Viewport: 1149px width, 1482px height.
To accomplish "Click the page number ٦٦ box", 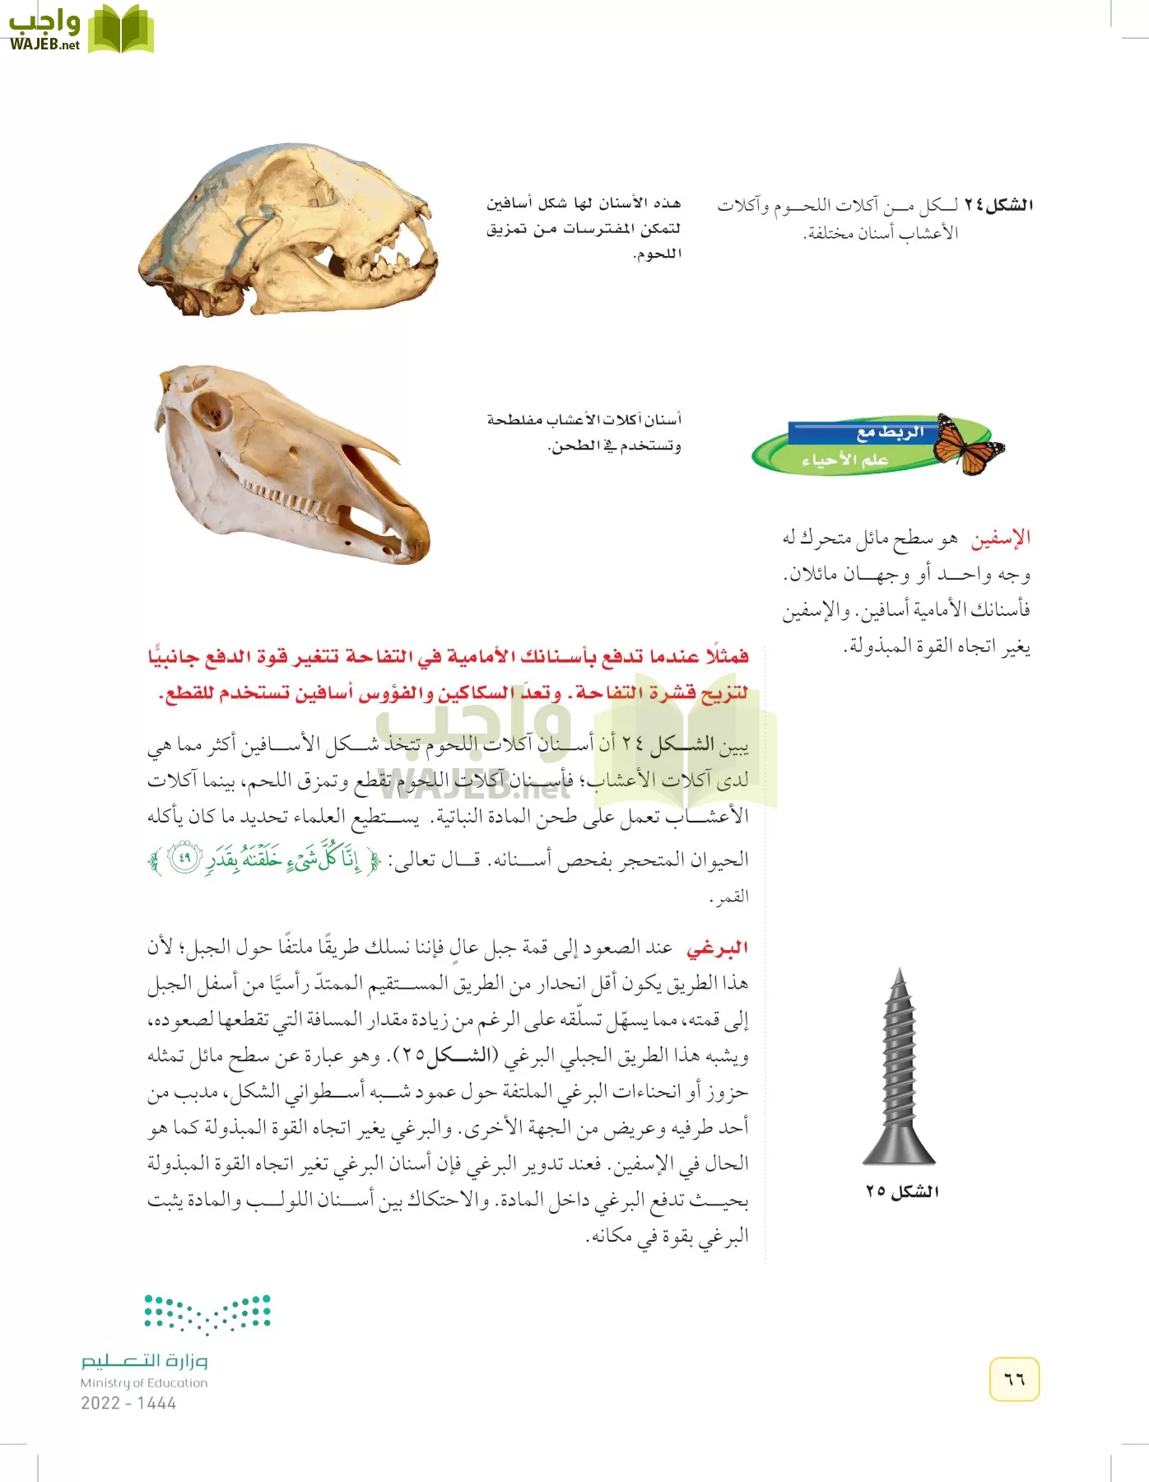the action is pyautogui.click(x=1014, y=1379).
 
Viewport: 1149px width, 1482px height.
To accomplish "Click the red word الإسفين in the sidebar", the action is pyautogui.click(x=1000, y=538).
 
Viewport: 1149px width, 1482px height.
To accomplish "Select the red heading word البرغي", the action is pyautogui.click(x=717, y=948).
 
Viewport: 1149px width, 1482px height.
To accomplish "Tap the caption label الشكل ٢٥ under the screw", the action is pyautogui.click(x=902, y=1191).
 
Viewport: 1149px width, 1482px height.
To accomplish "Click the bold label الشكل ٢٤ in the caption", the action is pyautogui.click(x=998, y=204).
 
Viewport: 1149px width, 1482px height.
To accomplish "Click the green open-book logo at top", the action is pyautogui.click(x=121, y=30).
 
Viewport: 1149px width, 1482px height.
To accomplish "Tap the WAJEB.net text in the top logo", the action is pyautogui.click(x=44, y=44).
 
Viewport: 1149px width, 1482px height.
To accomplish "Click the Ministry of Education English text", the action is pyautogui.click(x=144, y=1383).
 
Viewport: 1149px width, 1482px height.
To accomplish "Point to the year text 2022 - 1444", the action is pyautogui.click(x=128, y=1403).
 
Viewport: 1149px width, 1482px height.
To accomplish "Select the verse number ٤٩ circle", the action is pyautogui.click(x=184, y=858).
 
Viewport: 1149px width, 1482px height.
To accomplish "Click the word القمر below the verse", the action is pyautogui.click(x=729, y=897).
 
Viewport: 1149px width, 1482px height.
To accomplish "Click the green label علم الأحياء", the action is pyautogui.click(x=844, y=459).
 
